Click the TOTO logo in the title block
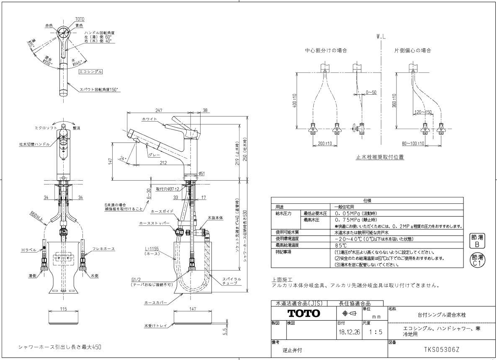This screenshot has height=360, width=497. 303,313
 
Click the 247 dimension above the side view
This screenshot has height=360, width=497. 159,110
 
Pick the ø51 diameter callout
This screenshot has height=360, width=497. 201,173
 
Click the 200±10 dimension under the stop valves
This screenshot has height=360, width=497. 324,143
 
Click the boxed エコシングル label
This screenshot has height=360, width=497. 90,72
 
